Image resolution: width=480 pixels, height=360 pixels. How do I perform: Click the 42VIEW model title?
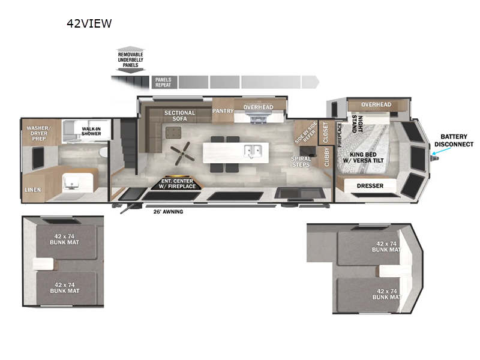(89, 24)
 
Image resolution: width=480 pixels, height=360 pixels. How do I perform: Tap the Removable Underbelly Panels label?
(130, 60)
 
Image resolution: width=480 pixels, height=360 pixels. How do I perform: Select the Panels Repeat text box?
(163, 82)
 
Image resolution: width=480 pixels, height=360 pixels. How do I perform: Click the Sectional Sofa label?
(180, 116)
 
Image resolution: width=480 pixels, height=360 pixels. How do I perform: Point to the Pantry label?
(223, 111)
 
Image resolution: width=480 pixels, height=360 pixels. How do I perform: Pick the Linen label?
(33, 190)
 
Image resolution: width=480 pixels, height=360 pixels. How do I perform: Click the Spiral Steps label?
(301, 162)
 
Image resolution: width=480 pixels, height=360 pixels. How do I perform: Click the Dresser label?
(370, 186)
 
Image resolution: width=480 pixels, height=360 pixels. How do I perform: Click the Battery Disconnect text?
(454, 140)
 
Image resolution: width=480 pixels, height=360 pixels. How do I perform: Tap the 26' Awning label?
(168, 211)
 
